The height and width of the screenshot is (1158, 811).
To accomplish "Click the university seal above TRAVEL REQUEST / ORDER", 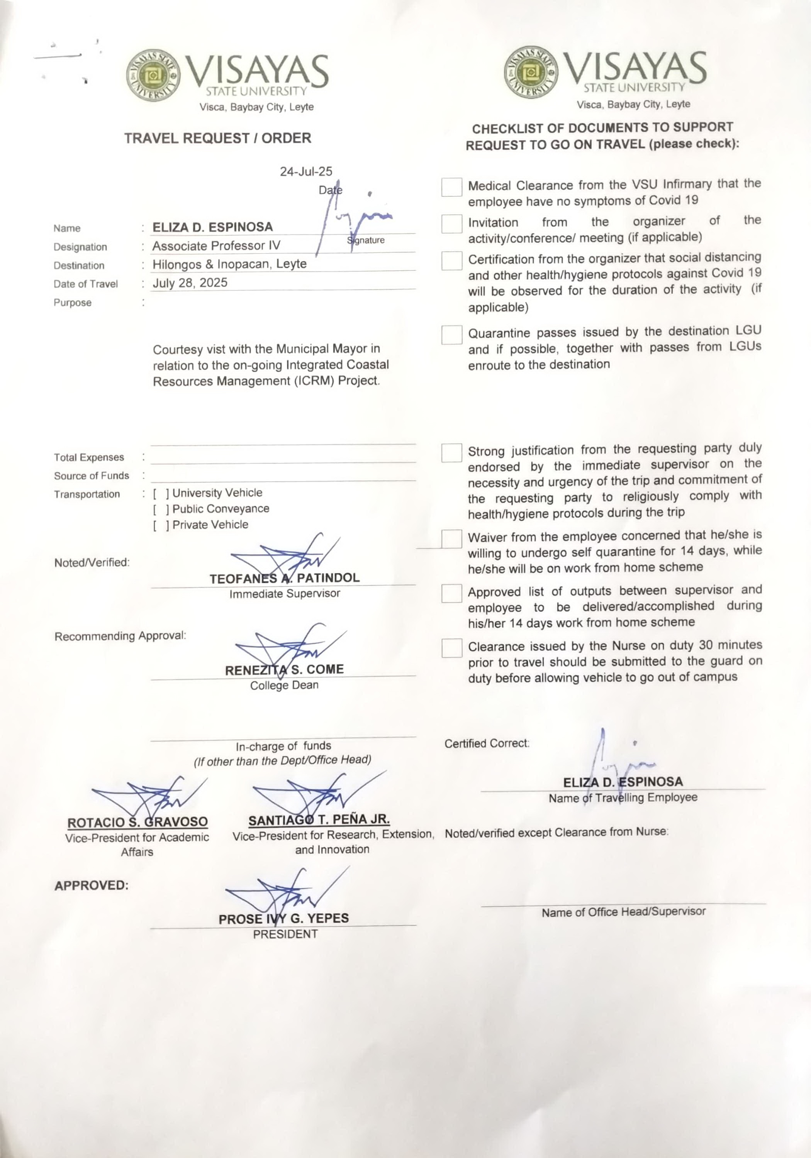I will click(153, 76).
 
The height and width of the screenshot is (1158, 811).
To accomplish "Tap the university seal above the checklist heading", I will click(531, 73).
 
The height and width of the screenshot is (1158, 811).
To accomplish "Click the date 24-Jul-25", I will click(306, 171).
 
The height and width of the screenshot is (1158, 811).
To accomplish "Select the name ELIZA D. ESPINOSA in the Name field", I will click(212, 227).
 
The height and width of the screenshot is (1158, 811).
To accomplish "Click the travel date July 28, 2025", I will click(190, 283).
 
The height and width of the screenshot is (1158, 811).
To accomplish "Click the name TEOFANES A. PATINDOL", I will click(284, 578).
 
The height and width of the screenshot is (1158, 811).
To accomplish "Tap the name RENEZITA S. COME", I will click(284, 670).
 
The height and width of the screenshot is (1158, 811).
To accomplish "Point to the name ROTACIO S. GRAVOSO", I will click(137, 822).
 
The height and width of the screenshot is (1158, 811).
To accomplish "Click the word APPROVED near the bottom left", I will click(92, 885).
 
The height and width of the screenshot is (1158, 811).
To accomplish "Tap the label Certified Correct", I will click(487, 743).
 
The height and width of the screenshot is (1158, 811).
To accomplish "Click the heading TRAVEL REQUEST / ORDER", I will click(217, 138).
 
